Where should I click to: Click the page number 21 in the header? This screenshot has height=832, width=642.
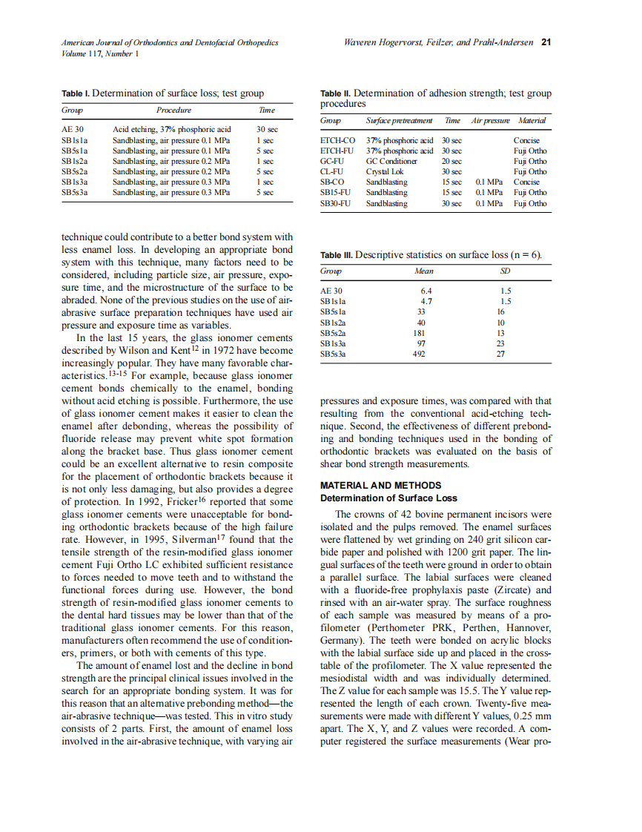pos(546,42)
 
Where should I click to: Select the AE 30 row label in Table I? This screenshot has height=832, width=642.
pos(73,129)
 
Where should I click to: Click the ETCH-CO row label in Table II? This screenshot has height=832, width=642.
pos(337,139)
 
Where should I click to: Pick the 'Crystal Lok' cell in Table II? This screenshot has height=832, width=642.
pos(385,171)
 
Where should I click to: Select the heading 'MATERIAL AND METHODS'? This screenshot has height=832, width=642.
pos(380,486)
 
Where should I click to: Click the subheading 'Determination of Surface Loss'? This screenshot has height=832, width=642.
pos(388,498)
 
